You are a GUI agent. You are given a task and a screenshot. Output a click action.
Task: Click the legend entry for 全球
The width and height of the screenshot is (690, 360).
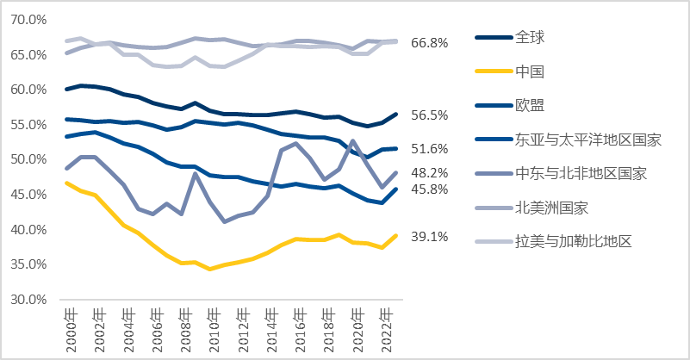(x=530, y=37)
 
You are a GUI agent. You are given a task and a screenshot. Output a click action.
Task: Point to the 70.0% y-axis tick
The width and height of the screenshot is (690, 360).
(x=28, y=19)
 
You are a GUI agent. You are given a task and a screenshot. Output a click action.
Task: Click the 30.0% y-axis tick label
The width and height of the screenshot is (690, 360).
(x=28, y=300)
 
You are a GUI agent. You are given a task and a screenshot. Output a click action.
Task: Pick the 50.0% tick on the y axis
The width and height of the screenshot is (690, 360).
(x=28, y=159)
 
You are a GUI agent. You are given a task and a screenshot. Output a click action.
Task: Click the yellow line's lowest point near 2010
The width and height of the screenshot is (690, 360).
(x=209, y=269)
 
